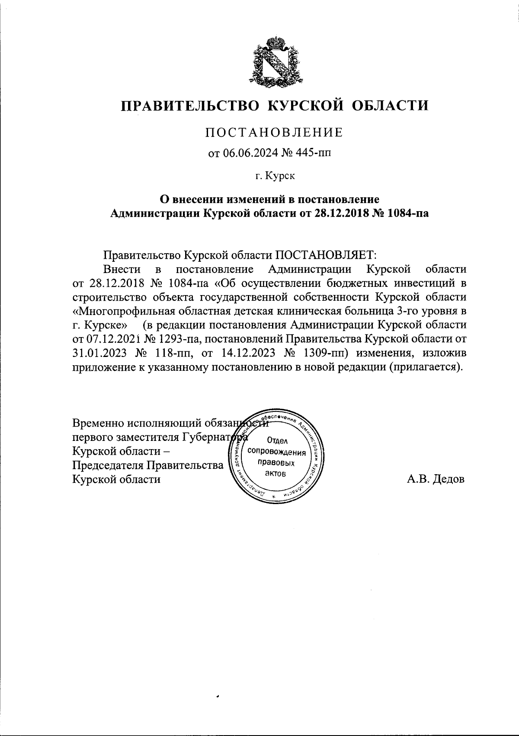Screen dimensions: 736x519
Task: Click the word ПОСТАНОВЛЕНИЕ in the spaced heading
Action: tap(273, 132)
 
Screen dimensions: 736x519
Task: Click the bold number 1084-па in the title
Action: tap(404, 213)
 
